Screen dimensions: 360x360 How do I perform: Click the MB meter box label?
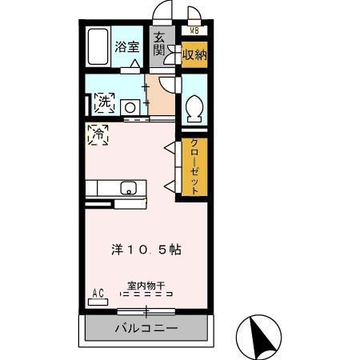194,31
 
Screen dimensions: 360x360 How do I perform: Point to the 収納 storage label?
194,55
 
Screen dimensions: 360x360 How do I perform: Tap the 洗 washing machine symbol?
104,102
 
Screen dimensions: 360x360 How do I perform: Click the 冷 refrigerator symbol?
98,134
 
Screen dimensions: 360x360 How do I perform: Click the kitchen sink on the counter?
128,189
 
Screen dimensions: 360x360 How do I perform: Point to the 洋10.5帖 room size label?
146,249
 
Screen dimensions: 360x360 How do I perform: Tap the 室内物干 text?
146,284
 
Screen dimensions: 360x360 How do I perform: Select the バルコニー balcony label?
146,327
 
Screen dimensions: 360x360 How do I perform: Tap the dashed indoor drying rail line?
146,294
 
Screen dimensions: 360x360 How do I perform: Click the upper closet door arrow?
169,148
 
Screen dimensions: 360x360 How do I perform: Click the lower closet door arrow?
169,186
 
